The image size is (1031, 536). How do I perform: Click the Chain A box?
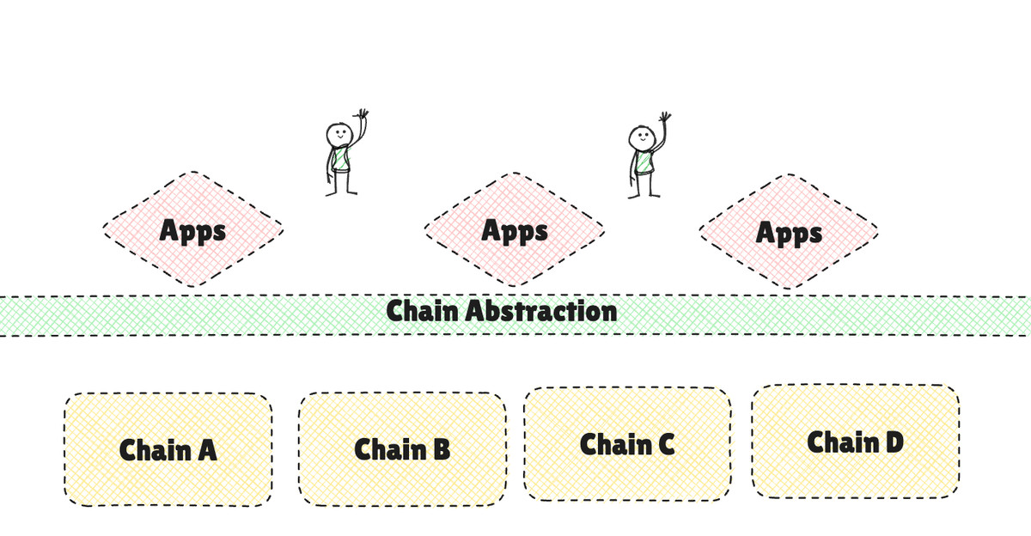coord(168,449)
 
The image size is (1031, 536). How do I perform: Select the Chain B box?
coord(402,448)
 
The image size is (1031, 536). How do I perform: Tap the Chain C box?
coord(627,443)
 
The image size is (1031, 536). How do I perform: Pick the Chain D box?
coord(856,442)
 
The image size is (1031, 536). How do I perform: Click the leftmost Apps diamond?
coord(193,230)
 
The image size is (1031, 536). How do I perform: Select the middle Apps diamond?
coord(514,230)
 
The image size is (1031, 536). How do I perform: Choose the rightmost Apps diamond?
coord(789,232)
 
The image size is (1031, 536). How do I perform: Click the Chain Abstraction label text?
coord(502,311)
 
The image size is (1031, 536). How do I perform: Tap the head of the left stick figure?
coord(339,136)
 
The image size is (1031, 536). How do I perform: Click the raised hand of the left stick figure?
coord(363,114)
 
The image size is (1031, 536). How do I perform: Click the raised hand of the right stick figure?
coord(664,116)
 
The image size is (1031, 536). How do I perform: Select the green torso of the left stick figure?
coord(340,160)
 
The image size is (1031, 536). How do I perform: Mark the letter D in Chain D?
coord(893,442)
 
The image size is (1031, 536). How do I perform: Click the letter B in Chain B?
coord(439,449)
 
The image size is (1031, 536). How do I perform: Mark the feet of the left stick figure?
coord(340,193)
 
